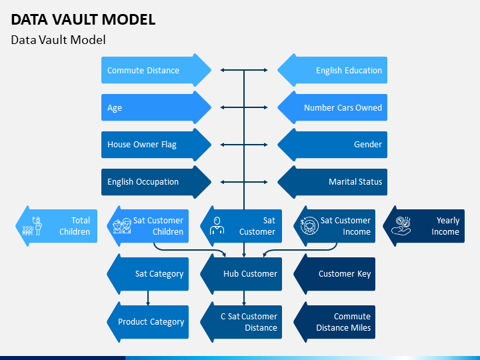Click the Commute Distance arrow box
[156, 70]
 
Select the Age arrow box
[156, 107]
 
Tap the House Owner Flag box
[156, 145]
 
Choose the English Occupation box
[156, 182]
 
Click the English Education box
[333, 70]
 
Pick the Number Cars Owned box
[333, 107]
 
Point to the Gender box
[333, 145]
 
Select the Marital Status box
[333, 182]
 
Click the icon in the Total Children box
[32, 226]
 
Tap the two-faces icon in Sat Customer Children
[122, 226]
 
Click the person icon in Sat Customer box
[217, 226]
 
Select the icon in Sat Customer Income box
[309, 226]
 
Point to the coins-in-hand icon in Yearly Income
[401, 226]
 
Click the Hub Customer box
[241, 274]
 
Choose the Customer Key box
[334, 274]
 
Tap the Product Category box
[148, 322]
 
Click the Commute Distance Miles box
[334, 322]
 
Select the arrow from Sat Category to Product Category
[148, 298]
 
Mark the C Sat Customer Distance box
[241, 322]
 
